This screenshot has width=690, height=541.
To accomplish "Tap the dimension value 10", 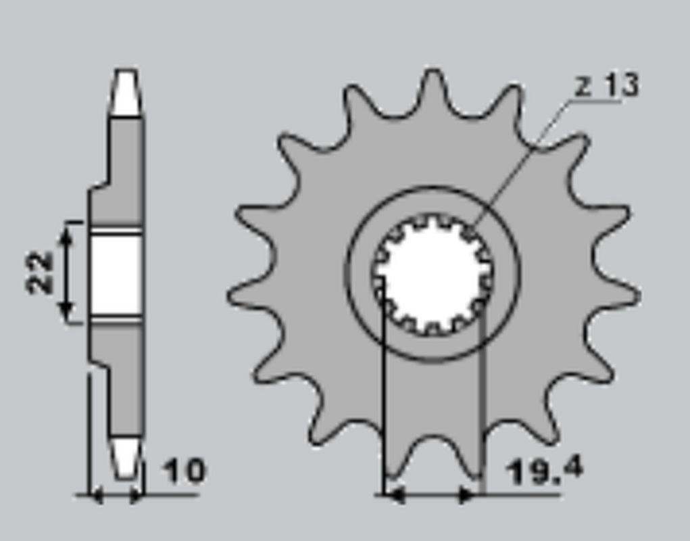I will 183,471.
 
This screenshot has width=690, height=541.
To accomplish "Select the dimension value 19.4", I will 544,471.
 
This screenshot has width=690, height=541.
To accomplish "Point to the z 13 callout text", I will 606,86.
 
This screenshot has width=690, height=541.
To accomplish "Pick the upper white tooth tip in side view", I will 126,93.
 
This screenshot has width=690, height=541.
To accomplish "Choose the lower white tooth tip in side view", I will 126,458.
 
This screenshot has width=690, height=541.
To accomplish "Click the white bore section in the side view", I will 116,275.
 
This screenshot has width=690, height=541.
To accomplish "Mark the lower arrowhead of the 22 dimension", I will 66,312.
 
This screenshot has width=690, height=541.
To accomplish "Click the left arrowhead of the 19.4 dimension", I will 393,496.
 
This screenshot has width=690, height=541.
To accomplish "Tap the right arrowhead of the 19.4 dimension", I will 469,496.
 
